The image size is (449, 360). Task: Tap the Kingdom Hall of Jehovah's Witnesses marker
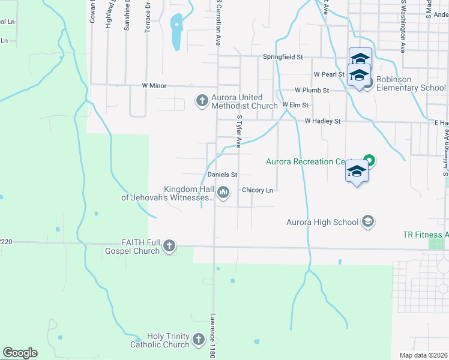(223, 192)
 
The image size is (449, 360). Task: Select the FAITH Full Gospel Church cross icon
(170, 245)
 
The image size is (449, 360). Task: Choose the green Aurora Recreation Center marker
(370, 160)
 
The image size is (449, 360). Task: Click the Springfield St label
(283, 57)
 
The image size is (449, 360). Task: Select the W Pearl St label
(329, 74)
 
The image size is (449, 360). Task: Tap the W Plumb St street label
(312, 90)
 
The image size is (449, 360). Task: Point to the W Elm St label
(295, 105)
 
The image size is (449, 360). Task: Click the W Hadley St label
(322, 121)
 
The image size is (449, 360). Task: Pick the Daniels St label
(223, 175)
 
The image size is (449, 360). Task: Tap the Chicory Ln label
(258, 190)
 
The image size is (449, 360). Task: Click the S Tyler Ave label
(239, 132)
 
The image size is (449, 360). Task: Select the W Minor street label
(154, 86)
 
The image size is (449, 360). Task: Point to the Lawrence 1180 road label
(212, 335)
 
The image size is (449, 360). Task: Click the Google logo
(20, 353)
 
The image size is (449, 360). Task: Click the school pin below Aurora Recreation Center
(357, 172)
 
